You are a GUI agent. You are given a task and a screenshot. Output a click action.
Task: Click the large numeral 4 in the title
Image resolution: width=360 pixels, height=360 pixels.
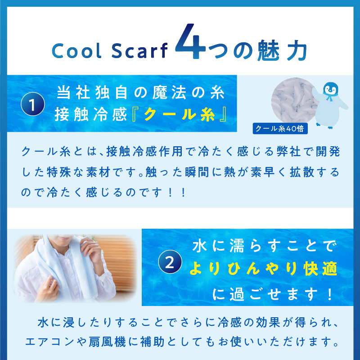click(190, 41)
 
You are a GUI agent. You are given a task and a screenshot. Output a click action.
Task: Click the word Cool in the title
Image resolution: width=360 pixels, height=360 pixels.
click(76, 50)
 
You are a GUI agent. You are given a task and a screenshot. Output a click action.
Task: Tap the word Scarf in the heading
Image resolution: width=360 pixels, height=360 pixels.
click(139, 50)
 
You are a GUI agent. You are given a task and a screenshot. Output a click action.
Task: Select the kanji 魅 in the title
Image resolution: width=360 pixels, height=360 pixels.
click(268, 50)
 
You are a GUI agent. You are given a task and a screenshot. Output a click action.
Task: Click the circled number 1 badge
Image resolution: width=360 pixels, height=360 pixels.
click(32, 104)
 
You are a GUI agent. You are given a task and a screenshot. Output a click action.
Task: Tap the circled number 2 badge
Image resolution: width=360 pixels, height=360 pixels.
click(170, 262)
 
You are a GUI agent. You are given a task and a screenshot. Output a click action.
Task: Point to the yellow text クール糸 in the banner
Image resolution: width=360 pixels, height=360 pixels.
click(179, 114)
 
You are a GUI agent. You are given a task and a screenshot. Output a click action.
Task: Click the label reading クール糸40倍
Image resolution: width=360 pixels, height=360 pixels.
click(280, 129)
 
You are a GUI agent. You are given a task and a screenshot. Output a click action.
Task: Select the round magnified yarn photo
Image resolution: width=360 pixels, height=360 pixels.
click(294, 100)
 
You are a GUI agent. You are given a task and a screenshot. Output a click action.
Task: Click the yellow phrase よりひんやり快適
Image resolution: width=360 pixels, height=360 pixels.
click(263, 268)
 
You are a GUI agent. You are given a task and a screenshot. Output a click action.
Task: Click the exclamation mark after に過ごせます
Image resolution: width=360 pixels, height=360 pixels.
click(330, 294)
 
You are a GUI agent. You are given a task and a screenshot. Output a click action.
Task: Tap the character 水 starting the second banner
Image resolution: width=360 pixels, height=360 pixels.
click(199, 246)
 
